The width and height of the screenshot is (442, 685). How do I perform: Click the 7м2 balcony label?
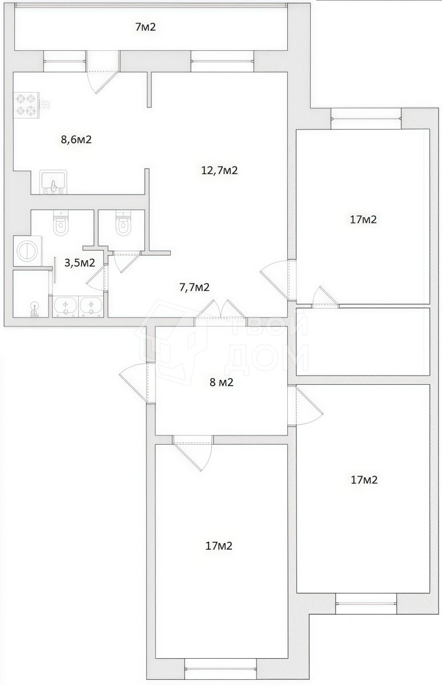(x=146, y=27)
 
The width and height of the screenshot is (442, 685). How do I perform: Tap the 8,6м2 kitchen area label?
(x=77, y=140)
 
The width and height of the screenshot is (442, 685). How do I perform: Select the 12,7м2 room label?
(x=219, y=170)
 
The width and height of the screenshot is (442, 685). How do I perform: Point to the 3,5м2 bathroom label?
(x=79, y=263)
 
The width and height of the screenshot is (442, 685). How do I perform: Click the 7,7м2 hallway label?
(x=194, y=287)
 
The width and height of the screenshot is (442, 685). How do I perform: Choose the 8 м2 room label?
(x=222, y=382)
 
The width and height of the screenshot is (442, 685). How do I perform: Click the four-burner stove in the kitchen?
(x=26, y=105)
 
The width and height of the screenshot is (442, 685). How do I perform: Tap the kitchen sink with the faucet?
(x=54, y=182)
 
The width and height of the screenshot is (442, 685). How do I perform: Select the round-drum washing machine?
(x=28, y=251)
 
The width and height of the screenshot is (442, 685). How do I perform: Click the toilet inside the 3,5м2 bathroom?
(x=61, y=223)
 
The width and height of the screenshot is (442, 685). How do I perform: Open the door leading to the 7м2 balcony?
(x=103, y=72)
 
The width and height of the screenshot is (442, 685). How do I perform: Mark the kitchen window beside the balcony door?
(x=65, y=61)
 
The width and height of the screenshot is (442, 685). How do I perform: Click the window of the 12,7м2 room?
(x=222, y=61)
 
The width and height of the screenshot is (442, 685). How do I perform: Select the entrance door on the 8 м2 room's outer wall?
(x=135, y=383)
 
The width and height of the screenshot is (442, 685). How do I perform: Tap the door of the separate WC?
(x=126, y=260)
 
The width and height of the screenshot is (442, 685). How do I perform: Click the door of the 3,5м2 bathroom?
(x=98, y=277)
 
